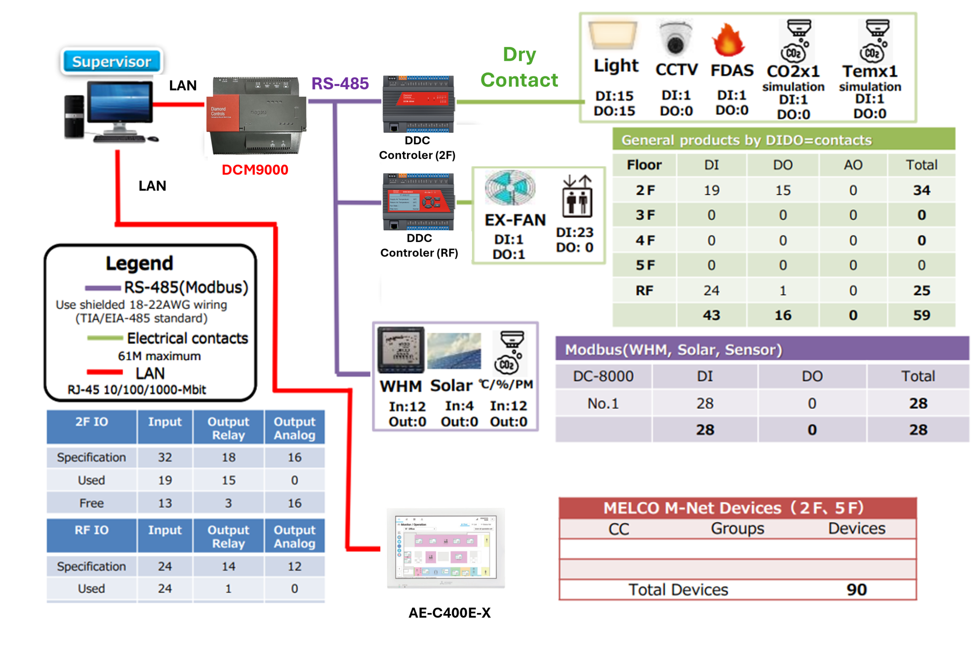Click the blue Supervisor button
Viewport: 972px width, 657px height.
tap(111, 62)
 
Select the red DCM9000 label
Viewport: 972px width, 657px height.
tap(255, 170)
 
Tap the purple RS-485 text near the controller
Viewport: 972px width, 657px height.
tap(340, 84)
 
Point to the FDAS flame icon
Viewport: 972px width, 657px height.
tap(728, 40)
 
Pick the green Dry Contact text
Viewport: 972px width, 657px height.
tap(519, 67)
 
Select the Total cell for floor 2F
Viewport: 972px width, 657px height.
tap(921, 190)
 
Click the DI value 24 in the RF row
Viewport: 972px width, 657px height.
tap(711, 291)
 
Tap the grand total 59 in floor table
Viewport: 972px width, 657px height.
tap(921, 315)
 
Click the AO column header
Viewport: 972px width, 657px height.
tap(853, 165)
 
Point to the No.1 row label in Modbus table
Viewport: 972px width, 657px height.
tap(602, 403)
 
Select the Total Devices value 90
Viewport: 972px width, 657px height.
tap(857, 590)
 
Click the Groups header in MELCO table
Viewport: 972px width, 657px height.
tap(737, 528)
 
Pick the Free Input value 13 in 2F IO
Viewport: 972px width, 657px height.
tap(165, 503)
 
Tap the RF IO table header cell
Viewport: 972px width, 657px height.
tap(91, 530)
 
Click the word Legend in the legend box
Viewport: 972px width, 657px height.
tap(139, 263)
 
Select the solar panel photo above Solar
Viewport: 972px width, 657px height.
tap(454, 350)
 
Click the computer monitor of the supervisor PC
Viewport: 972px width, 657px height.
tap(120, 103)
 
